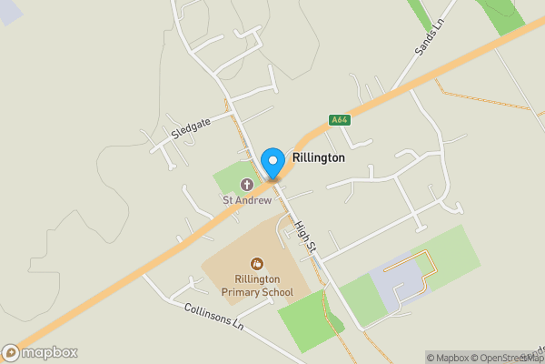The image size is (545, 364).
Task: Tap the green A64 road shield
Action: click(339, 120)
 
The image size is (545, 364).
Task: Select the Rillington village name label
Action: click(318, 157)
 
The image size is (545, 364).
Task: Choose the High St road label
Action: click(305, 236)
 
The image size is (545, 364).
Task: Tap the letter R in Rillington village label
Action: click(296, 157)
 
